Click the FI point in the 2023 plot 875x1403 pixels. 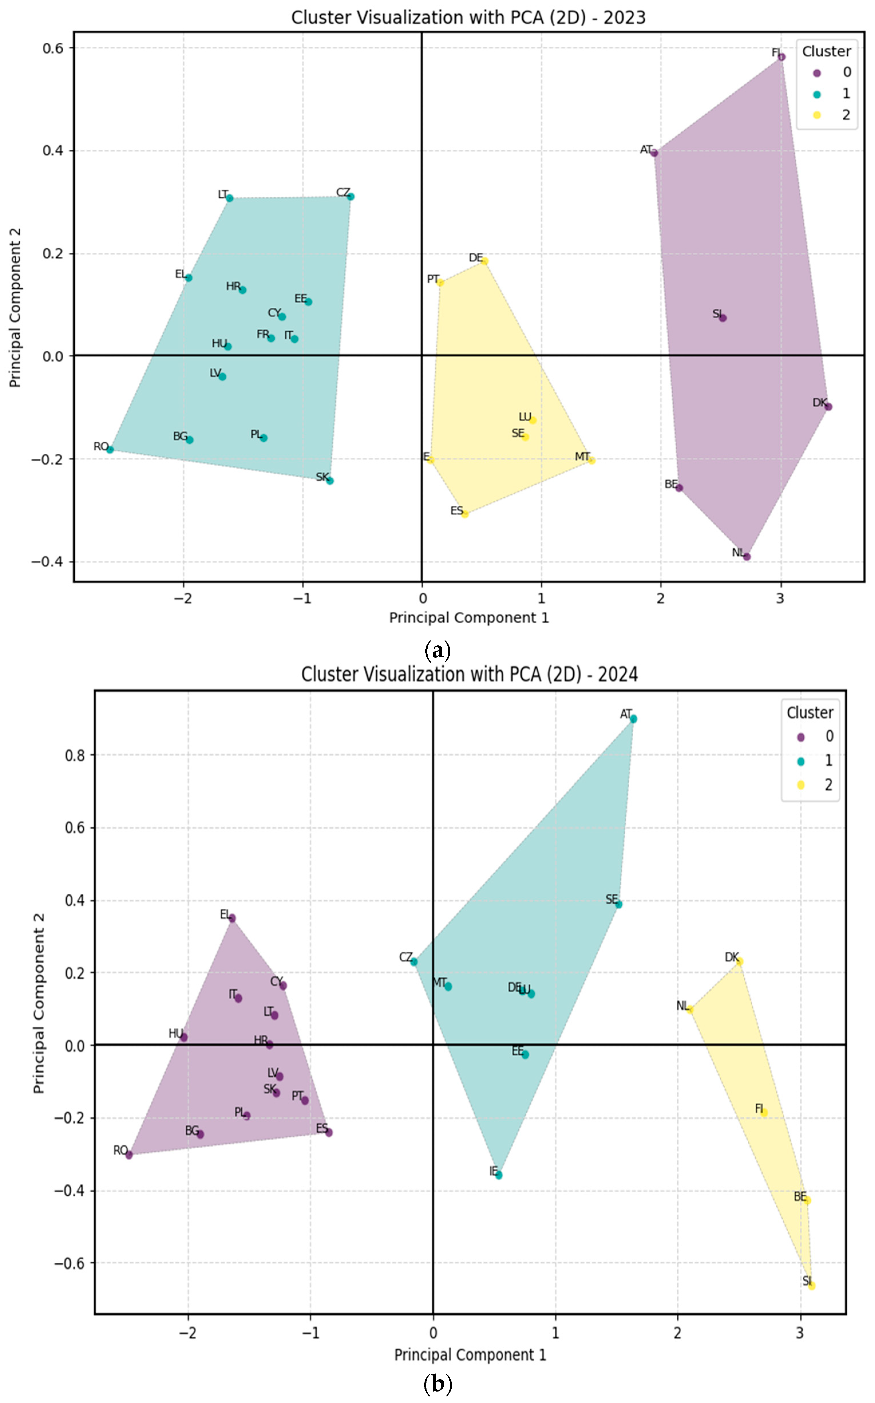(x=782, y=57)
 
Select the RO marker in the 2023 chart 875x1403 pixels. (x=110, y=449)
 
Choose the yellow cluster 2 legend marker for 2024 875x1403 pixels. (x=801, y=785)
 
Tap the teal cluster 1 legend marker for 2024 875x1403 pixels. (x=801, y=761)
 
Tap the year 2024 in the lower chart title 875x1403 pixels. (x=618, y=675)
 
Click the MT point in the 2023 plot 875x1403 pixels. (x=592, y=460)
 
